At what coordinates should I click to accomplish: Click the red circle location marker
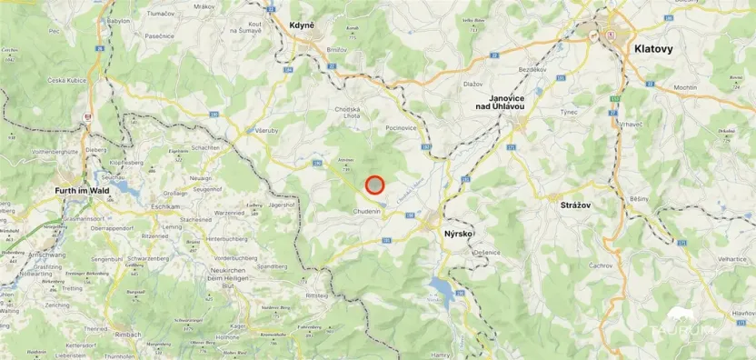click(x=375, y=185)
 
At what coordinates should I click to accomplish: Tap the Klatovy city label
click(x=654, y=49)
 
